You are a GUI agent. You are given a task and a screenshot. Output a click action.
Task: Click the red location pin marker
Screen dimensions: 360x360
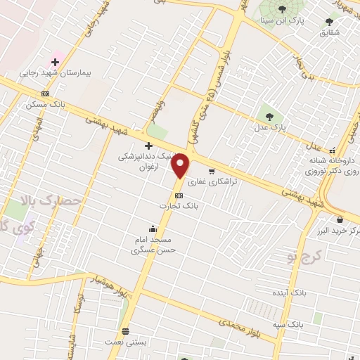click(181, 165)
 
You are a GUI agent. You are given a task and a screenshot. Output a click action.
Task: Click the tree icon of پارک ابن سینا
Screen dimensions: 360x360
click(282, 10)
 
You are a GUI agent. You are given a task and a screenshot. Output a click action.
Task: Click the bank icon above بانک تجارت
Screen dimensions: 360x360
click(178, 195)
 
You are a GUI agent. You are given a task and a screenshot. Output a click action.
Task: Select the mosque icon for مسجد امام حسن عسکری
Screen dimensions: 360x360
click(153, 228)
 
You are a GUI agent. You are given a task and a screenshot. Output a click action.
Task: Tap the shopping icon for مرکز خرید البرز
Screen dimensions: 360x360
click(340, 220)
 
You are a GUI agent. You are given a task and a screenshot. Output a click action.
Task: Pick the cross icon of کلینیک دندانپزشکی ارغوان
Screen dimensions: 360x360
click(147, 146)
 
